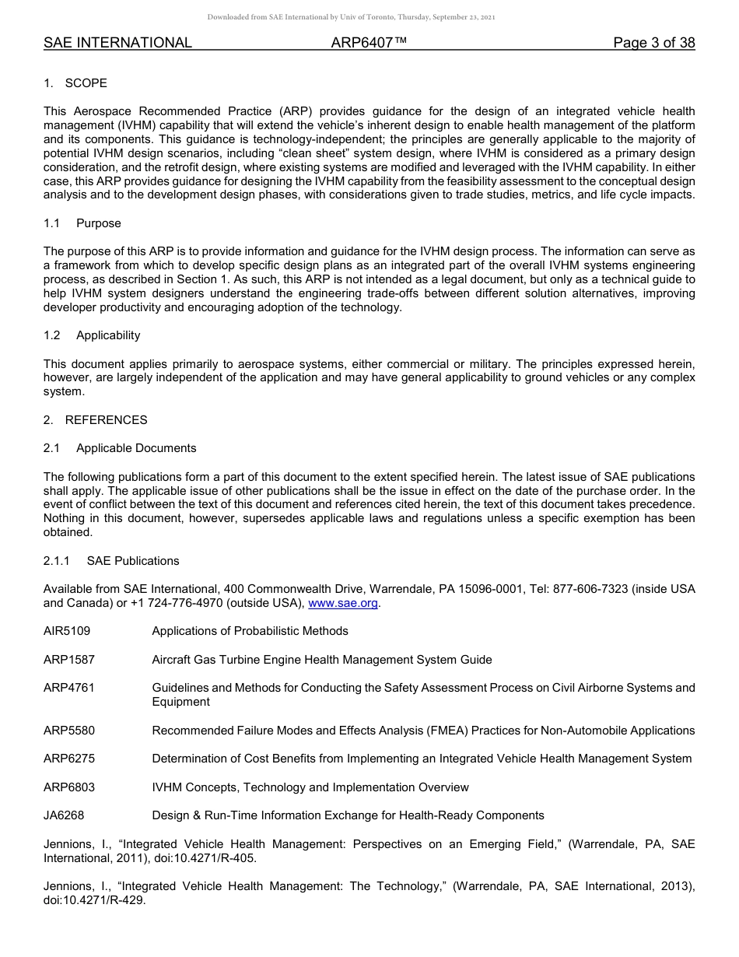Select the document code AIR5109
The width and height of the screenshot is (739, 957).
coord(67,631)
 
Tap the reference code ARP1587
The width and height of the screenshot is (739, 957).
coord(69,660)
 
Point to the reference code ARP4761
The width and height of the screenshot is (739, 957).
coord(69,688)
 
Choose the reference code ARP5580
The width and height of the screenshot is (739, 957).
coord(69,731)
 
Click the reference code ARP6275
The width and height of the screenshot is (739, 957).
coord(69,759)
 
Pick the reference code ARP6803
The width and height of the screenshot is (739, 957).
coord(69,787)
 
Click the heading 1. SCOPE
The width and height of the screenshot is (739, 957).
coord(75,83)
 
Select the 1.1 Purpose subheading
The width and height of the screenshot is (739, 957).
coord(82,223)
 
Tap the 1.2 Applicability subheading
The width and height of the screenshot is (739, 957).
coord(92,335)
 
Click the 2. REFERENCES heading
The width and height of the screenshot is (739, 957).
coord(95,420)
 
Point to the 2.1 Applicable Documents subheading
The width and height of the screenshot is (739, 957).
coord(120,448)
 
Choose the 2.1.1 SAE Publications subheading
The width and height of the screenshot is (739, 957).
coord(111,561)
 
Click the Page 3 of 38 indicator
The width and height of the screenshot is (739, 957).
coord(653,43)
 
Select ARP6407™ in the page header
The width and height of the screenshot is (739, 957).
coord(369,43)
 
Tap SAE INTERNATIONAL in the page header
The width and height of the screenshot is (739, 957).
coord(117,43)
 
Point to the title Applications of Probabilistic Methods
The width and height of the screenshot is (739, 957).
coord(250,631)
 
